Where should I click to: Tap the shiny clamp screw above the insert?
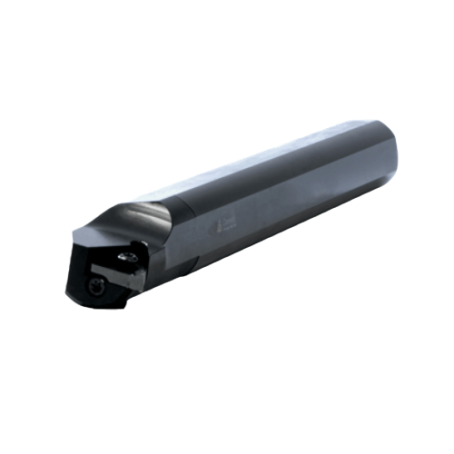pos(130,257)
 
